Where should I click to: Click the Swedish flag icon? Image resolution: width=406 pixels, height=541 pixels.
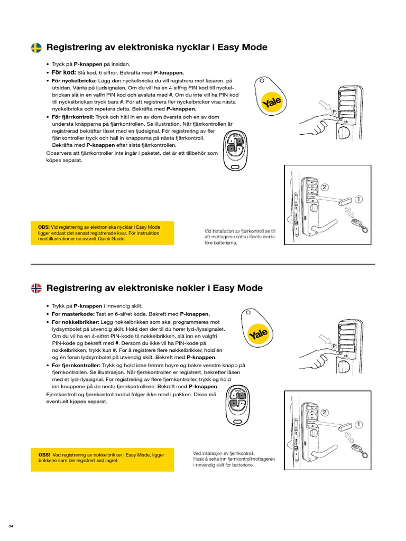click(36, 48)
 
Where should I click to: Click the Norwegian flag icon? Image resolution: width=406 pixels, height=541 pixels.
click(36, 288)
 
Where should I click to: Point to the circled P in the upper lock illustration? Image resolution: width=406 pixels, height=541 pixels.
click(334, 113)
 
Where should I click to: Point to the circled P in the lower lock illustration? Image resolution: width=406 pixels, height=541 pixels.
click(334, 346)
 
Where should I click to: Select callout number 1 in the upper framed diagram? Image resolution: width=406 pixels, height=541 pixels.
click(359, 199)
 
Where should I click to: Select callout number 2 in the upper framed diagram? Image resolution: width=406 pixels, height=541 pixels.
click(325, 188)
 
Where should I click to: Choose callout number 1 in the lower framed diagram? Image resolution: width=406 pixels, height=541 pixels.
click(359, 424)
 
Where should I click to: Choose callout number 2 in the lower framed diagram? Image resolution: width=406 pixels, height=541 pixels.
click(325, 413)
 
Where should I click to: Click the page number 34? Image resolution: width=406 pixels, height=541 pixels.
click(11, 526)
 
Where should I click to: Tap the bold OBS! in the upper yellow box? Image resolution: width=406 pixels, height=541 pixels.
click(45, 226)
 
